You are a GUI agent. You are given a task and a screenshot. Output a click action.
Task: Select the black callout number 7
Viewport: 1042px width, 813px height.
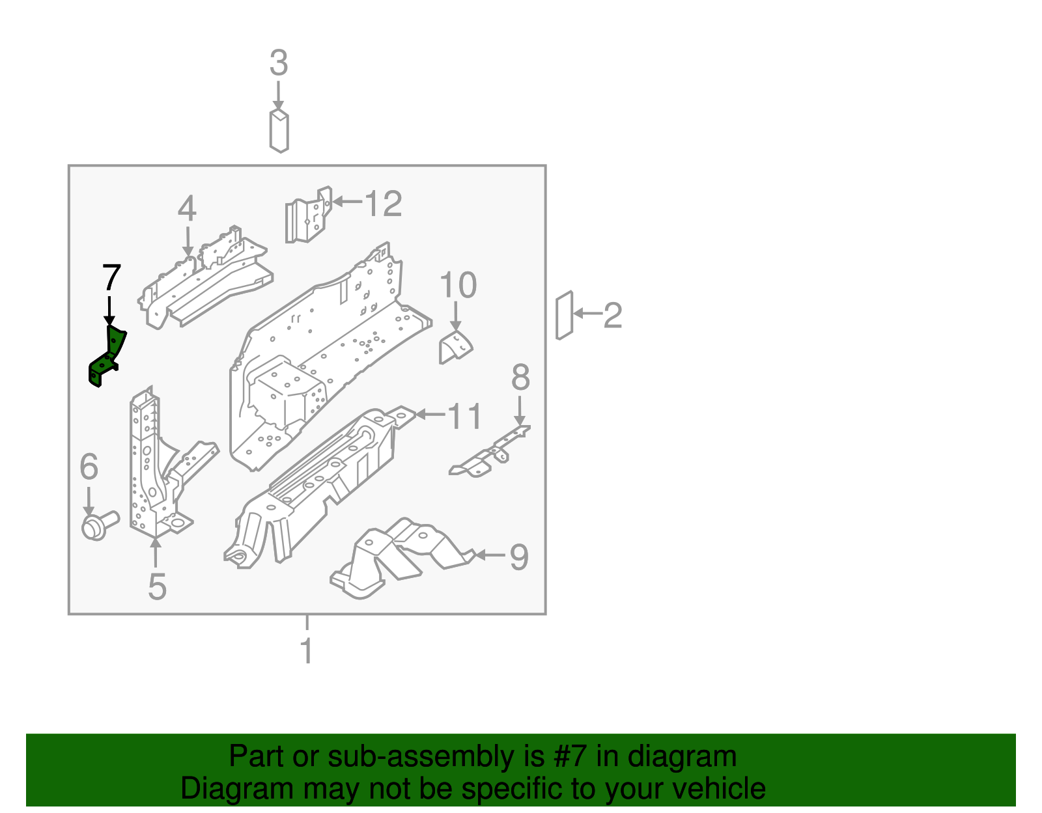111,278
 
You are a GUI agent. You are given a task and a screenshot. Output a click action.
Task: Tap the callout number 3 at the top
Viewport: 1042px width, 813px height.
279,64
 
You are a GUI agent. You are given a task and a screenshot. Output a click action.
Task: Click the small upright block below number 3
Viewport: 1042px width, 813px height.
279,131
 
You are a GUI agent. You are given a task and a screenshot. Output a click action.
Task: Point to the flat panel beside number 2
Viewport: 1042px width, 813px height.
564,316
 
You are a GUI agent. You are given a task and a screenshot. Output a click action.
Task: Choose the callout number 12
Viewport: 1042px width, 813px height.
384,204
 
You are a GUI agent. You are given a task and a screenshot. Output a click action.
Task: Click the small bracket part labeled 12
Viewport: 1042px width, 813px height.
308,215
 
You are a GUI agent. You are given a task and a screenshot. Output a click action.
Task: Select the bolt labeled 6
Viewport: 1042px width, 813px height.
98,525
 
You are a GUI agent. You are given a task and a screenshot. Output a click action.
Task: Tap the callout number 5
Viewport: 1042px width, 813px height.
157,586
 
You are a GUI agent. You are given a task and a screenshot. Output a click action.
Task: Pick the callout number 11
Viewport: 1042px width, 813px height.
465,416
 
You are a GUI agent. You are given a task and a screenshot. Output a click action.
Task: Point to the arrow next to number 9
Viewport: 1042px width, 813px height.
490,555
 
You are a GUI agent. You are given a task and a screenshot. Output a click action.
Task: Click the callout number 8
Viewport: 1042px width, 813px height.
520,378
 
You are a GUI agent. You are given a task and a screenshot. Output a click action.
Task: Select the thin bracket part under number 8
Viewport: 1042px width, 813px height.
488,454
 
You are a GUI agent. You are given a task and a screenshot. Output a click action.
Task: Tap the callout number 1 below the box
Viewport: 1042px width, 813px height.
307,651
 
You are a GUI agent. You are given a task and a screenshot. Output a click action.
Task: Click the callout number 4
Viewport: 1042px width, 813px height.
187,208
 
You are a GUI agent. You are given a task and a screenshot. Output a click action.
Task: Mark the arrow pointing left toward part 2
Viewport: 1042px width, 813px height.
587,314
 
